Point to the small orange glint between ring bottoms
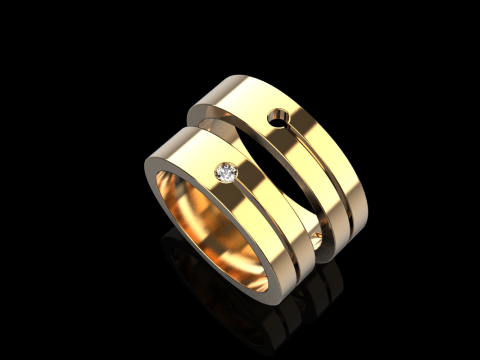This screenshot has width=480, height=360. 317,235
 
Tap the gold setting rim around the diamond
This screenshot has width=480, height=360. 222,169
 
